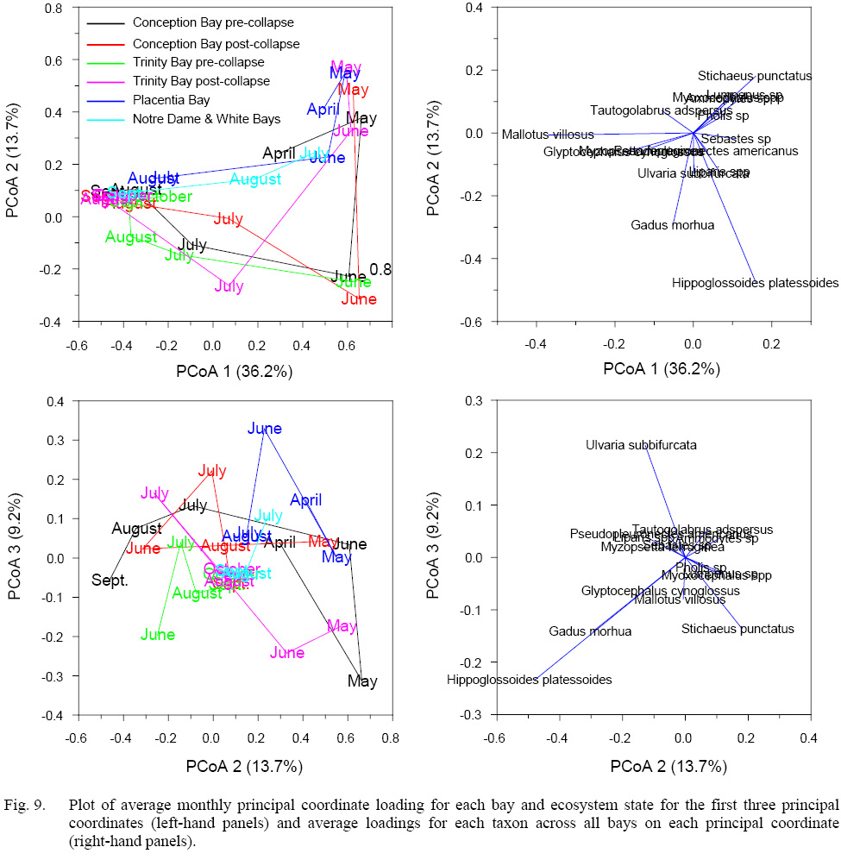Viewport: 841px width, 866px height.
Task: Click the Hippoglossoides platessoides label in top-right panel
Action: pyautogui.click(x=755, y=283)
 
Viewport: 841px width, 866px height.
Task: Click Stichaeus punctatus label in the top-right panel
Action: pyautogui.click(x=755, y=76)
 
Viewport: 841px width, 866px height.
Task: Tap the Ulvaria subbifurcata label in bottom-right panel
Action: pyautogui.click(x=641, y=446)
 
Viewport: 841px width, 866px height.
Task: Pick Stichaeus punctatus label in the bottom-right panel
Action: pyautogui.click(x=737, y=630)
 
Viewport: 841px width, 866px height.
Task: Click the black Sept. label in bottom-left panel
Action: pyautogui.click(x=110, y=580)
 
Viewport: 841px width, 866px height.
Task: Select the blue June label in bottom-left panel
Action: pyautogui.click(x=264, y=429)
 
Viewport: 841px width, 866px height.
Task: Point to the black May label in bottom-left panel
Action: pyautogui.click(x=362, y=682)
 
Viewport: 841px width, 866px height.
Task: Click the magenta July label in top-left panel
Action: pyautogui.click(x=229, y=287)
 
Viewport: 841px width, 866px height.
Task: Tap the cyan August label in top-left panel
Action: pyautogui.click(x=255, y=179)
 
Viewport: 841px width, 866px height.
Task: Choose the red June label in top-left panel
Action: pyautogui.click(x=359, y=300)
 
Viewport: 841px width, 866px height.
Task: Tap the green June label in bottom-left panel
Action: pyautogui.click(x=158, y=636)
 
